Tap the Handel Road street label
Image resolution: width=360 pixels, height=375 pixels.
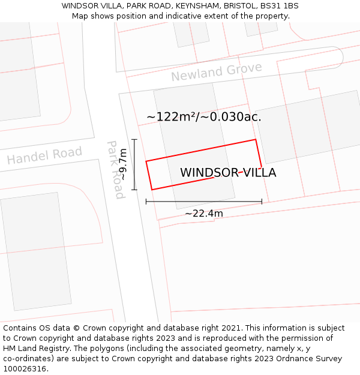[44, 155]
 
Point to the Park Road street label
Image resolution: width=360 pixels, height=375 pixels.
[115, 170]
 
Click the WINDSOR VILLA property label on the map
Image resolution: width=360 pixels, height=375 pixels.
[228, 173]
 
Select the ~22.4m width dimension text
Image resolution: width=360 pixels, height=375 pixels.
[203, 214]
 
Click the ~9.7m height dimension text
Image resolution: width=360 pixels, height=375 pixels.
[122, 165]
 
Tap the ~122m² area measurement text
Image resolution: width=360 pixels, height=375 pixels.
[171, 117]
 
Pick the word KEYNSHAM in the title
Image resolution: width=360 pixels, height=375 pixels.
[199, 6]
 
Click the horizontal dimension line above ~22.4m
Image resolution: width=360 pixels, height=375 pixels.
[203, 202]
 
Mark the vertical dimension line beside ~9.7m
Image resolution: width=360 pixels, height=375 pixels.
[134, 164]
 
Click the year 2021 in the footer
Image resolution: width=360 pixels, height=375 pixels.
[230, 328]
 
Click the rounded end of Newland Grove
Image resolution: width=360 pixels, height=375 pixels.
[338, 56]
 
